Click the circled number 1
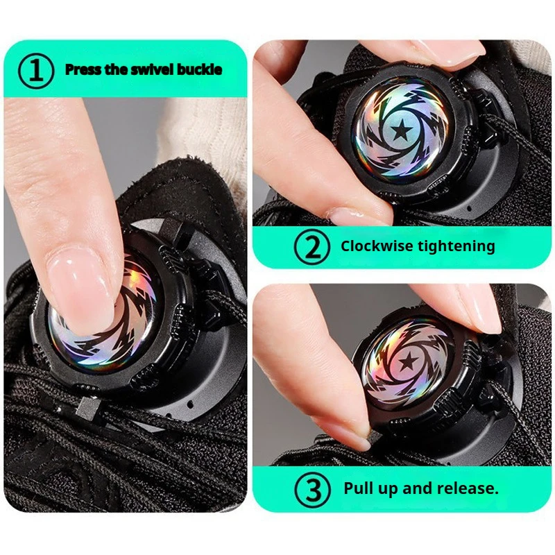(x=36, y=71)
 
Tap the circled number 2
(x=311, y=247)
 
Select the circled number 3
(x=313, y=490)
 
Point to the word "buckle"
(x=199, y=69)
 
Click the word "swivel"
(x=153, y=69)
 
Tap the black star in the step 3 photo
(x=409, y=361)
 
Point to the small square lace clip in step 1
(x=85, y=408)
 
